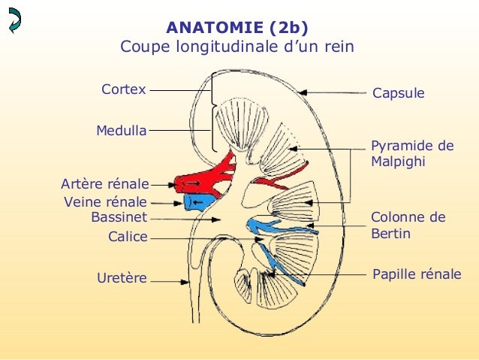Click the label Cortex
[x=123, y=90]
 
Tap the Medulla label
[x=121, y=131]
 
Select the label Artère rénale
[x=104, y=183]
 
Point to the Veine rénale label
[x=106, y=202]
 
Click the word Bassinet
[x=119, y=218]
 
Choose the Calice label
[x=128, y=237]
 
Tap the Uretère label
[x=122, y=280]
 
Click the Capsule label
[x=398, y=94]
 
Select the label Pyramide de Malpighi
[x=412, y=153]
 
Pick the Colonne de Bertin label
[x=408, y=225]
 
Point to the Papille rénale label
[x=417, y=274]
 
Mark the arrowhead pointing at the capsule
[x=302, y=92]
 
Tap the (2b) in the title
[x=288, y=29]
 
